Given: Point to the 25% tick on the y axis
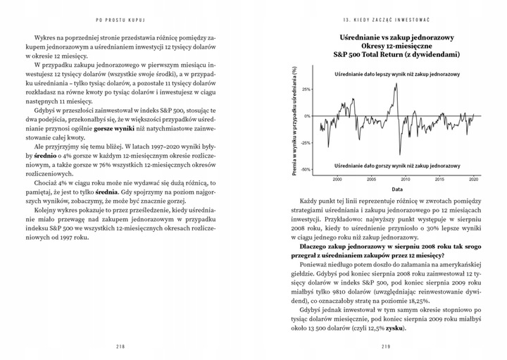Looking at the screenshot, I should click(x=303, y=90).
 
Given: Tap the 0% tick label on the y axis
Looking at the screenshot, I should click(x=306, y=116).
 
